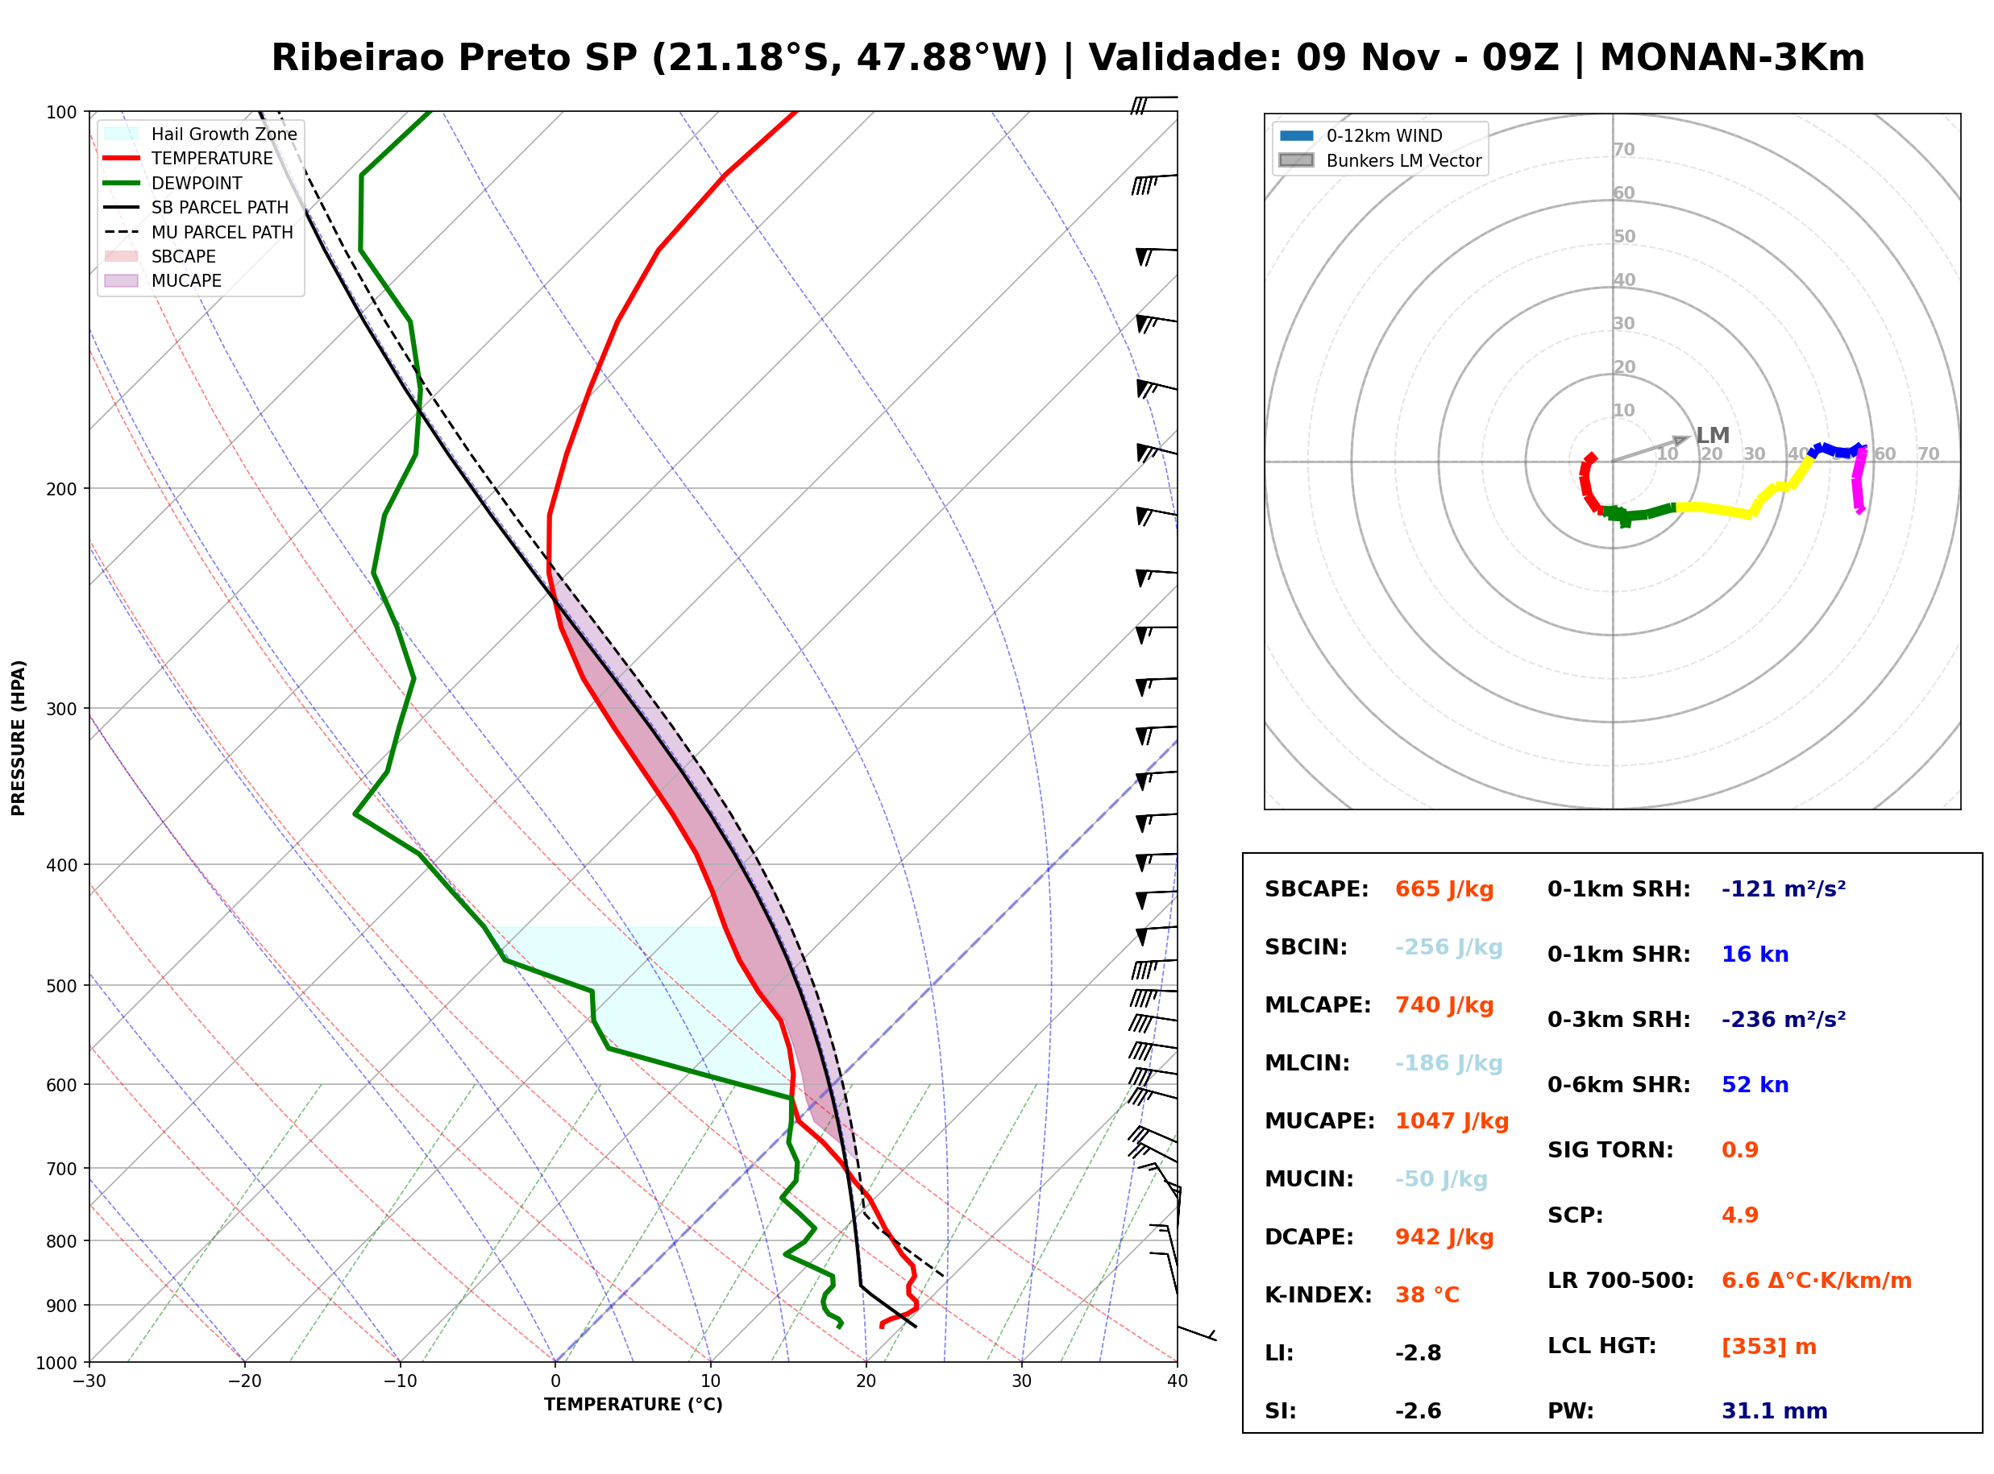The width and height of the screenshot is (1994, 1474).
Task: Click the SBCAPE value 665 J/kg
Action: pyautogui.click(x=1444, y=889)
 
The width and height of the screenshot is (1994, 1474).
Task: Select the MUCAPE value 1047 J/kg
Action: pyautogui.click(x=1452, y=1121)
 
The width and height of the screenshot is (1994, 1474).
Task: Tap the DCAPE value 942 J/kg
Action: pyautogui.click(x=1444, y=1237)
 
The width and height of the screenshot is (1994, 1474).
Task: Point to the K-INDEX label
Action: pyautogui.click(x=1319, y=1295)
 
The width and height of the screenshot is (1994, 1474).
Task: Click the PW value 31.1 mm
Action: pyautogui.click(x=1775, y=1411)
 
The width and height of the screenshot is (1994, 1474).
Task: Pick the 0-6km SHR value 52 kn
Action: pyautogui.click(x=1755, y=1085)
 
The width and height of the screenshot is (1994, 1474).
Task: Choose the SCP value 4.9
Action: pyautogui.click(x=1739, y=1215)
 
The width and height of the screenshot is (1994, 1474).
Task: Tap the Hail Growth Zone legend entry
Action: pyautogui.click(x=200, y=134)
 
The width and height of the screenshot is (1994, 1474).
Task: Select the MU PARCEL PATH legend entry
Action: pyautogui.click(x=198, y=232)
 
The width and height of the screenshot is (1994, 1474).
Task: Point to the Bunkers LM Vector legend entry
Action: pyautogui.click(x=1380, y=160)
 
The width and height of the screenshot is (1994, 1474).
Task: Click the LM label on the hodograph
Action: pyautogui.click(x=1713, y=436)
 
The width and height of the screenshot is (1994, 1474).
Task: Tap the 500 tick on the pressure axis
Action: pyautogui.click(x=61, y=986)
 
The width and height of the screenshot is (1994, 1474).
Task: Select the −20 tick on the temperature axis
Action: pyautogui.click(x=244, y=1381)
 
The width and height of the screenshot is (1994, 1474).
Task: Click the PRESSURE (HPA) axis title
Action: pyautogui.click(x=19, y=738)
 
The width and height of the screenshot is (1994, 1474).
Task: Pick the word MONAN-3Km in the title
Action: pyautogui.click(x=1731, y=58)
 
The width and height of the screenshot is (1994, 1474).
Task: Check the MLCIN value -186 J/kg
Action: pyautogui.click(x=1448, y=1063)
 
